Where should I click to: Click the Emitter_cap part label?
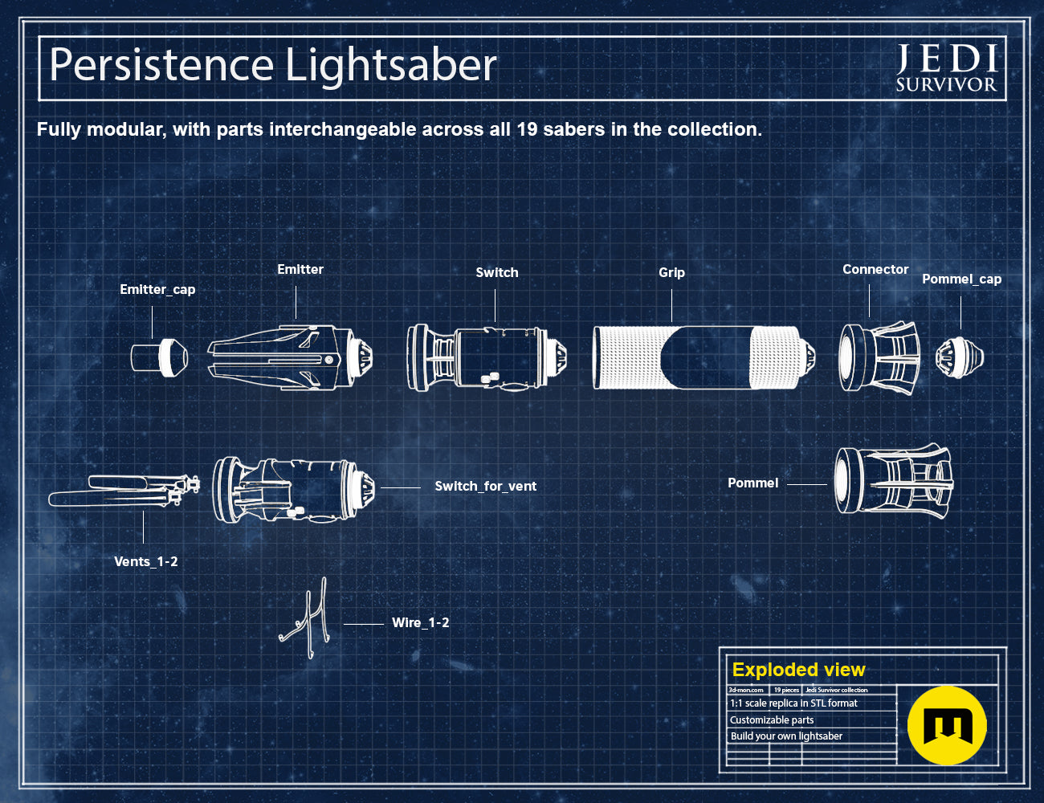(157, 290)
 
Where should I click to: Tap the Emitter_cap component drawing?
(160, 357)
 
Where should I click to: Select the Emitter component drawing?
(290, 358)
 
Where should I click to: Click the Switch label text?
(497, 272)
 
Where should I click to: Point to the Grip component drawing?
(703, 358)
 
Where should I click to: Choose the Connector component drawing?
(879, 358)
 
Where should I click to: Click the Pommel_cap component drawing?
(960, 357)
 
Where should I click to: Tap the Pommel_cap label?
(962, 279)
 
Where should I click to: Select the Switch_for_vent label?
(486, 486)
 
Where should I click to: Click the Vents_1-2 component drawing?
(124, 491)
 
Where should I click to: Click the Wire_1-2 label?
(420, 623)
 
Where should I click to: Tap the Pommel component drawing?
(894, 481)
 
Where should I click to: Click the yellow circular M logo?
(947, 725)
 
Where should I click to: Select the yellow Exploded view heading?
(798, 670)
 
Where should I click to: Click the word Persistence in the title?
(161, 64)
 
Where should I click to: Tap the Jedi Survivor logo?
(947, 67)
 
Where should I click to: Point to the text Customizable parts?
(772, 720)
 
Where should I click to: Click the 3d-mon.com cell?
(745, 690)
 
